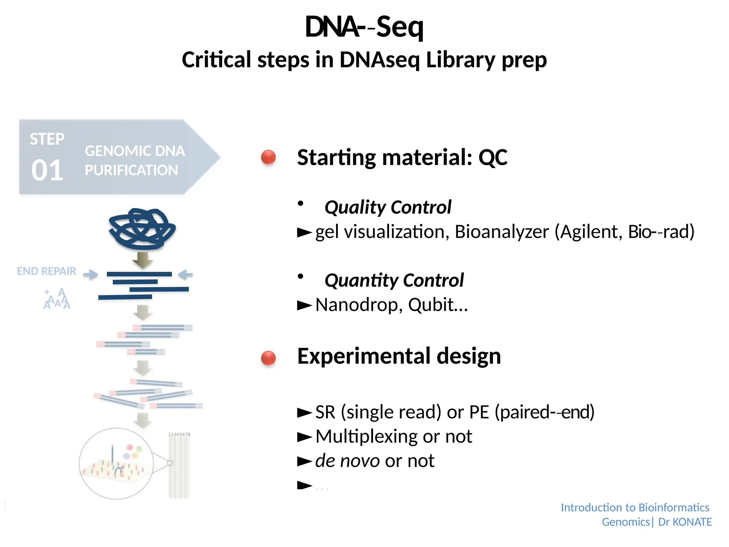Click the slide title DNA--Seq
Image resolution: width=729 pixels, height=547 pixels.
click(x=364, y=27)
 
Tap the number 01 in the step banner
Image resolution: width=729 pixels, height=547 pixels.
click(x=47, y=170)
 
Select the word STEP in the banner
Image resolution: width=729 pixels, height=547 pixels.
click(x=47, y=139)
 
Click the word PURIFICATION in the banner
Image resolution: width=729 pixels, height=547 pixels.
click(x=131, y=170)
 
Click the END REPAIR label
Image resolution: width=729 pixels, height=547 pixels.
click(x=46, y=271)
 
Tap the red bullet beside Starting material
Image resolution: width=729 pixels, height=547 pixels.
click(x=268, y=157)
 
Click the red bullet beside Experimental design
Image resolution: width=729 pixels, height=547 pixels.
click(x=268, y=358)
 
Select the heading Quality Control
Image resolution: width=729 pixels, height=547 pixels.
click(x=388, y=207)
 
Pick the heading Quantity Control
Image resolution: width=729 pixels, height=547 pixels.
click(x=394, y=280)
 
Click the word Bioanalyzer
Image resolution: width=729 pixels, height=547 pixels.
click(x=502, y=232)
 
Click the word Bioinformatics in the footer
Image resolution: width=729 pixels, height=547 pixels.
click(x=674, y=507)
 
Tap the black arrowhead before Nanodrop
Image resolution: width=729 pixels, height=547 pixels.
click(x=305, y=305)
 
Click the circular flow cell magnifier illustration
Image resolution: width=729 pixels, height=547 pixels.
click(x=116, y=463)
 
